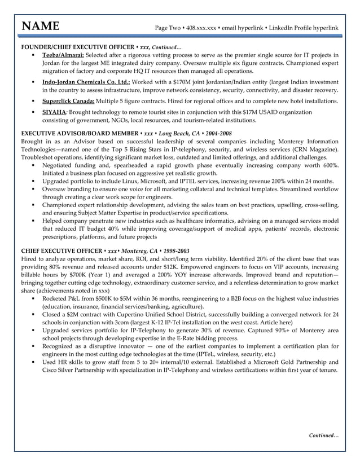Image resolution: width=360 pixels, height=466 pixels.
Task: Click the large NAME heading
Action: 40,27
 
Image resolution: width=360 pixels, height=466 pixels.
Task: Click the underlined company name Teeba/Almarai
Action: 63,55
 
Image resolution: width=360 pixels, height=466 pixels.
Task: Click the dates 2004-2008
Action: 215,133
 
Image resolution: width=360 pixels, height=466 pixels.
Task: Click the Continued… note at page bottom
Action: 323,435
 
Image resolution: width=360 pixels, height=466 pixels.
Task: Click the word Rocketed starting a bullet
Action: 58,297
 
